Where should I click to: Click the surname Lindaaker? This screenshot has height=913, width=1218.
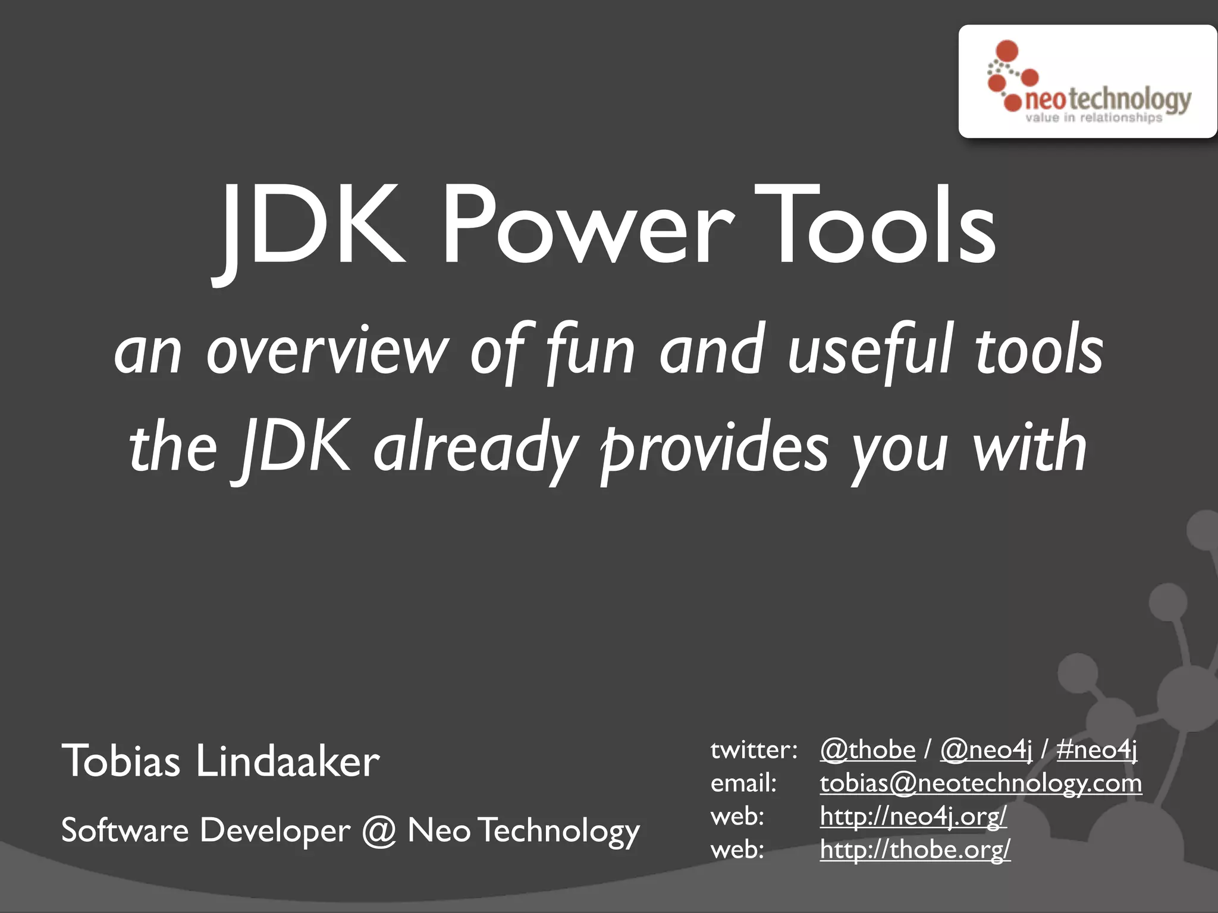(288, 761)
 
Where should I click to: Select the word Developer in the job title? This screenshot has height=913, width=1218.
(275, 830)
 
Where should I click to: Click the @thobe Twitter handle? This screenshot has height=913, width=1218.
(868, 750)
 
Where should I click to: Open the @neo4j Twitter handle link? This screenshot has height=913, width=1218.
(986, 750)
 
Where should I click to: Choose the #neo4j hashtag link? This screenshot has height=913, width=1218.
(1097, 750)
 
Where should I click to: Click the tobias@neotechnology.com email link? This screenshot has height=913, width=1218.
(981, 783)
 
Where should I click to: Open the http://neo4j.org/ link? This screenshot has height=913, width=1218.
(913, 816)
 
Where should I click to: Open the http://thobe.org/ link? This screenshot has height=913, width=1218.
(915, 849)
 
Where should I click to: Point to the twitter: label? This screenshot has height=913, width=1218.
(754, 750)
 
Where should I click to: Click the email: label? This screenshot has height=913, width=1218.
(743, 783)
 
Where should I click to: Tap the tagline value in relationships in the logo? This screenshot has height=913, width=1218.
(1093, 118)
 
